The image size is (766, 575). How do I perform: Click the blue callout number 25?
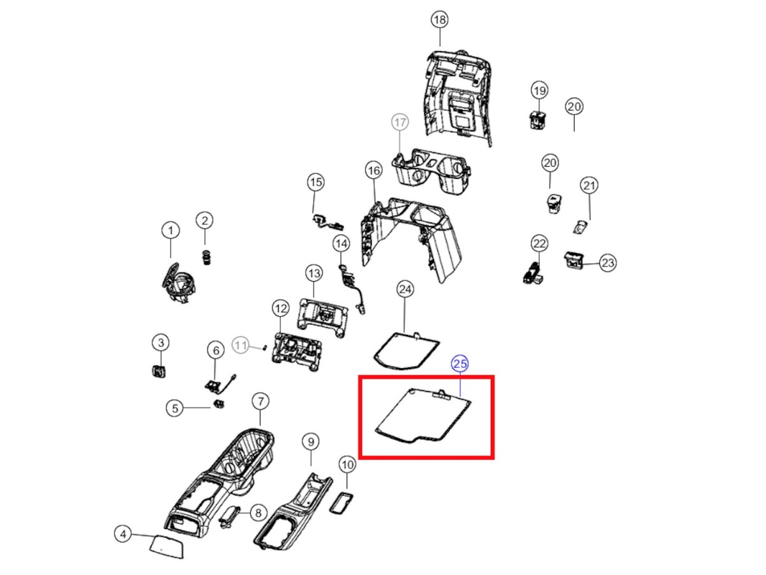[460, 364]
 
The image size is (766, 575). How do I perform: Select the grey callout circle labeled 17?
[400, 121]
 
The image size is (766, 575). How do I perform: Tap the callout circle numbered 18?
[439, 20]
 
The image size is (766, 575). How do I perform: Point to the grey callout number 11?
[241, 346]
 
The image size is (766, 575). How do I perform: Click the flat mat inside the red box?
[421, 416]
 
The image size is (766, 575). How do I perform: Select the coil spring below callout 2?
[206, 257]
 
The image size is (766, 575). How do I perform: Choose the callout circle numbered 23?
[608, 263]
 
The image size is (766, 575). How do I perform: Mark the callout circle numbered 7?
[260, 401]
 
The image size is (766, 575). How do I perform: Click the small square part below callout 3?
[158, 371]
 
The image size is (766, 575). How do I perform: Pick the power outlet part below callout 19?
[538, 119]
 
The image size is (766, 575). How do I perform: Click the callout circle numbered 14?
[341, 243]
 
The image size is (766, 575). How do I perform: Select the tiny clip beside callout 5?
[220, 404]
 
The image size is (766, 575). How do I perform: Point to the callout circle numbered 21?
[589, 186]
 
